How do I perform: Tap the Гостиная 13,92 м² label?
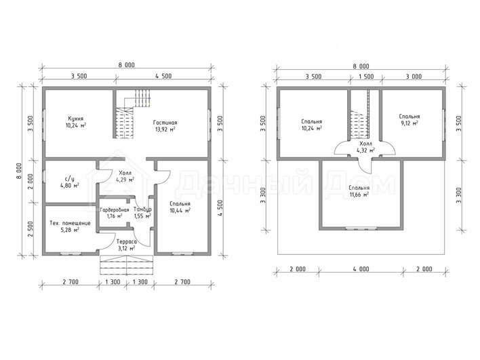[x=165, y=126]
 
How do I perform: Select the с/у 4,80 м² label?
[x=70, y=182]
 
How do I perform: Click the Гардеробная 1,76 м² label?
[x=115, y=213]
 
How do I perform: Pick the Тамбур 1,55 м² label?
[x=142, y=213]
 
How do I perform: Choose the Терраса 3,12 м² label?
[x=127, y=245]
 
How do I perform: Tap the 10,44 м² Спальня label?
[x=180, y=207]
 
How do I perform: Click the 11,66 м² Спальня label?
[x=359, y=191]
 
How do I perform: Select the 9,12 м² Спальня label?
[x=409, y=120]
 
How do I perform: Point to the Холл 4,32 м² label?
[x=366, y=147]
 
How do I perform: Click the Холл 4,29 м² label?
[x=125, y=176]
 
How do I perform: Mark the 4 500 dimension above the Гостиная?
[x=163, y=76]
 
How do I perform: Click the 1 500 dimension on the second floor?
[x=366, y=77]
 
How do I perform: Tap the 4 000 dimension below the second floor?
[x=361, y=269]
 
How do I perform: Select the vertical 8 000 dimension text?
[x=20, y=171]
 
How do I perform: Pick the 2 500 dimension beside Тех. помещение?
[x=31, y=229]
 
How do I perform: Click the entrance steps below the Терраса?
[x=127, y=265]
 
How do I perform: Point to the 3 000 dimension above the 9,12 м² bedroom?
[x=414, y=77]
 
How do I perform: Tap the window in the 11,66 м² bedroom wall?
[x=361, y=228]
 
